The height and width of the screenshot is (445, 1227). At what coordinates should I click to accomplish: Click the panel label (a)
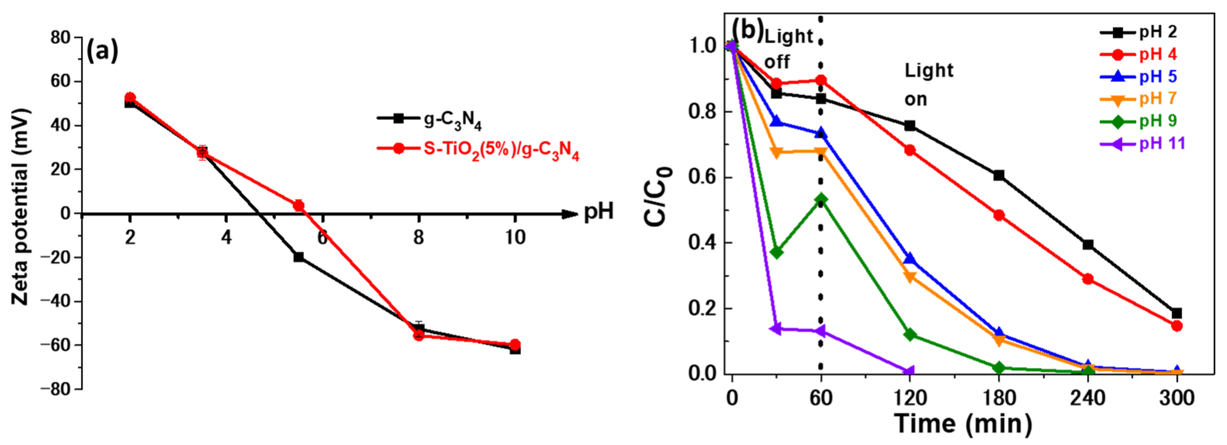[x=102, y=52]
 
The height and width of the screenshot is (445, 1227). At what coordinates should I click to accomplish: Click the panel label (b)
[x=747, y=31]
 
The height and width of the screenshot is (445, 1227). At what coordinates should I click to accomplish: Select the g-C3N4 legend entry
[x=429, y=119]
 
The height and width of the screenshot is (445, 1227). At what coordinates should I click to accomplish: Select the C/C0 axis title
[x=658, y=197]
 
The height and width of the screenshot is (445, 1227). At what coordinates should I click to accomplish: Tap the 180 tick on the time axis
[x=999, y=397]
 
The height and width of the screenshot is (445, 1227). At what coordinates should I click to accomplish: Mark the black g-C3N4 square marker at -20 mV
[x=299, y=257]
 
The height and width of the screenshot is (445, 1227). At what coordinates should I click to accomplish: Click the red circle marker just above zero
[x=299, y=205]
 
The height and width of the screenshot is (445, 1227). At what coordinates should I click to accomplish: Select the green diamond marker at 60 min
[x=821, y=199]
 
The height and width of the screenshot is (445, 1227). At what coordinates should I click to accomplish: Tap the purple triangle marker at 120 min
[x=909, y=371]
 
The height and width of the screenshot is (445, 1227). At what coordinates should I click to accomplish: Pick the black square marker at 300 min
[x=1177, y=313]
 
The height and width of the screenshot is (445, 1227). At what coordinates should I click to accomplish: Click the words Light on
[x=928, y=85]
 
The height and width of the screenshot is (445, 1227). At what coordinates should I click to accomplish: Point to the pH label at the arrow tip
[x=599, y=211]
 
